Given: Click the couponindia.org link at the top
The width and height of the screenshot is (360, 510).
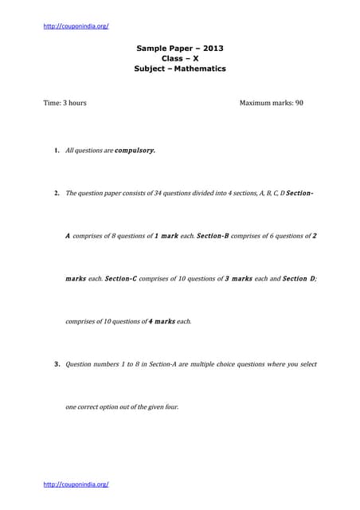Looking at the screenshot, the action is click(x=76, y=25).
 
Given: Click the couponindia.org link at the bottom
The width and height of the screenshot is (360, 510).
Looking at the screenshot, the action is click(x=76, y=484).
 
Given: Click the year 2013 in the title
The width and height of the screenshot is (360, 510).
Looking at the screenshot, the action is click(x=211, y=48).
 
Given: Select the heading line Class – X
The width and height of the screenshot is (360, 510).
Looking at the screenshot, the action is click(x=180, y=58).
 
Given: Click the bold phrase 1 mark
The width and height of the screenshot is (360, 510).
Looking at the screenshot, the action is click(x=165, y=236).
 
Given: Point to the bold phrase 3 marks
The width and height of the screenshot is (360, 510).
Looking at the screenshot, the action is click(x=239, y=279).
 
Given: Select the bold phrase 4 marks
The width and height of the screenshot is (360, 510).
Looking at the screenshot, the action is click(x=162, y=322).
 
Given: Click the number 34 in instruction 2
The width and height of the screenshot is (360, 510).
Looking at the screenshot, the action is click(x=147, y=193).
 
